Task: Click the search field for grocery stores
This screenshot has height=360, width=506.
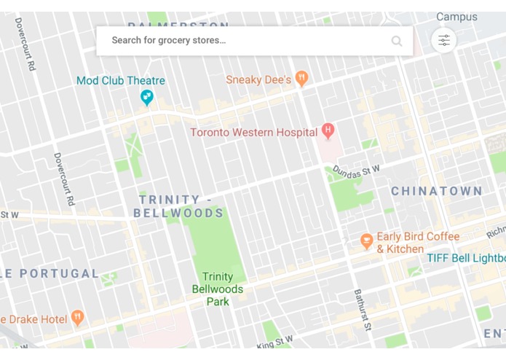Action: click(x=240, y=41)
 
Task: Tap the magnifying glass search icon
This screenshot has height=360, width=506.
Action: click(x=397, y=41)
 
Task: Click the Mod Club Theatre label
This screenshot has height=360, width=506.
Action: click(x=121, y=81)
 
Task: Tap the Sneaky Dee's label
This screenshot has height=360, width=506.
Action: click(x=258, y=79)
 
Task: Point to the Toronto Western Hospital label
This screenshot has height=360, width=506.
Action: click(x=253, y=133)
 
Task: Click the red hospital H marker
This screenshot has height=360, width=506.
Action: click(x=328, y=131)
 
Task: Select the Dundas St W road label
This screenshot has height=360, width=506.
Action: click(x=357, y=171)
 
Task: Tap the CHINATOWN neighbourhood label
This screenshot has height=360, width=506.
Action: click(x=437, y=192)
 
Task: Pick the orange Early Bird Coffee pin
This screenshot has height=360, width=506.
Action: click(x=367, y=240)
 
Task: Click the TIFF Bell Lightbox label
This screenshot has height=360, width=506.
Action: click(x=466, y=259)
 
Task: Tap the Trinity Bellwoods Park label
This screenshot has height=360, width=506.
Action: click(x=218, y=289)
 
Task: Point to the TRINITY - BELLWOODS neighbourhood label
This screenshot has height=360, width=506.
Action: click(x=179, y=206)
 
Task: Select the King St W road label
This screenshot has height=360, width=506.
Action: click(x=274, y=341)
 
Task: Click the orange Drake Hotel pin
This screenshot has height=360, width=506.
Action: click(x=78, y=318)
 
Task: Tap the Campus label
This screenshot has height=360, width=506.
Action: click(x=456, y=17)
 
